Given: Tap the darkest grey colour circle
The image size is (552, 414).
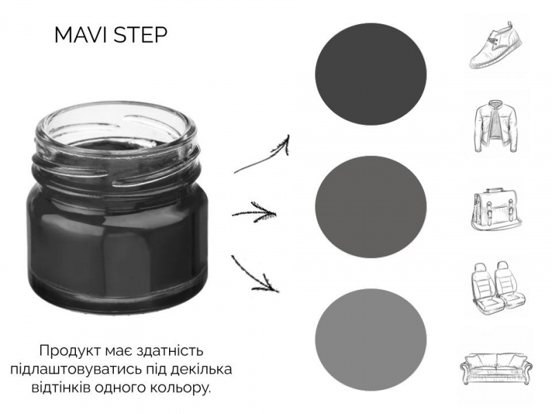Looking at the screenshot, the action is (371, 75).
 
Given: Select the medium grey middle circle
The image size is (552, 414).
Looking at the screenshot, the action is (371, 206).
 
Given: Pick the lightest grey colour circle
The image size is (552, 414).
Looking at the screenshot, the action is (371, 339).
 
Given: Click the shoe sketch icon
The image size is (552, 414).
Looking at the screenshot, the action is (495, 45).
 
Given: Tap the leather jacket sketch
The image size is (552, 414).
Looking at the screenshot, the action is (496, 126).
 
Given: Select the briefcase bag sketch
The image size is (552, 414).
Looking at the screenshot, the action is (496, 209).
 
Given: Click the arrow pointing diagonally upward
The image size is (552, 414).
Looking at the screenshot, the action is (262, 155).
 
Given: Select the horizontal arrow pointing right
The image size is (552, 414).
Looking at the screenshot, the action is (254, 213).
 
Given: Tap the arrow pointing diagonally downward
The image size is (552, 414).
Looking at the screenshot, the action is (255, 274).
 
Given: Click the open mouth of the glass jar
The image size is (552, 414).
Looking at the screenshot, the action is (116, 128).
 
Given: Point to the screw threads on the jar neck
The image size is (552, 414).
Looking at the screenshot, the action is (116, 169).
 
